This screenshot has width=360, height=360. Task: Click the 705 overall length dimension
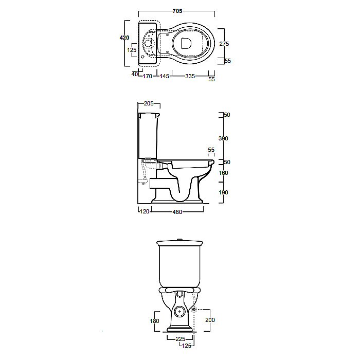click(x=177, y=11)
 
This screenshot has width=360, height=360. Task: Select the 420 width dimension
click(x=124, y=38)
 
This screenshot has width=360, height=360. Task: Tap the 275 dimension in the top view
click(x=224, y=44)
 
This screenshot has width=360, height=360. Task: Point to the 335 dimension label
click(x=190, y=76)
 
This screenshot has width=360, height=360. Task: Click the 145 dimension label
click(x=165, y=76)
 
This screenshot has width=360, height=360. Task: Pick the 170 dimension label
click(x=148, y=76)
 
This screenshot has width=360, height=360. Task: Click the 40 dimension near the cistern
click(x=135, y=74)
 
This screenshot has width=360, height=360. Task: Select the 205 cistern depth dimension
click(x=149, y=103)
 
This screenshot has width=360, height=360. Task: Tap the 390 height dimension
click(x=223, y=138)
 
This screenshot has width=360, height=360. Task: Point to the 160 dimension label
click(x=223, y=173)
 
